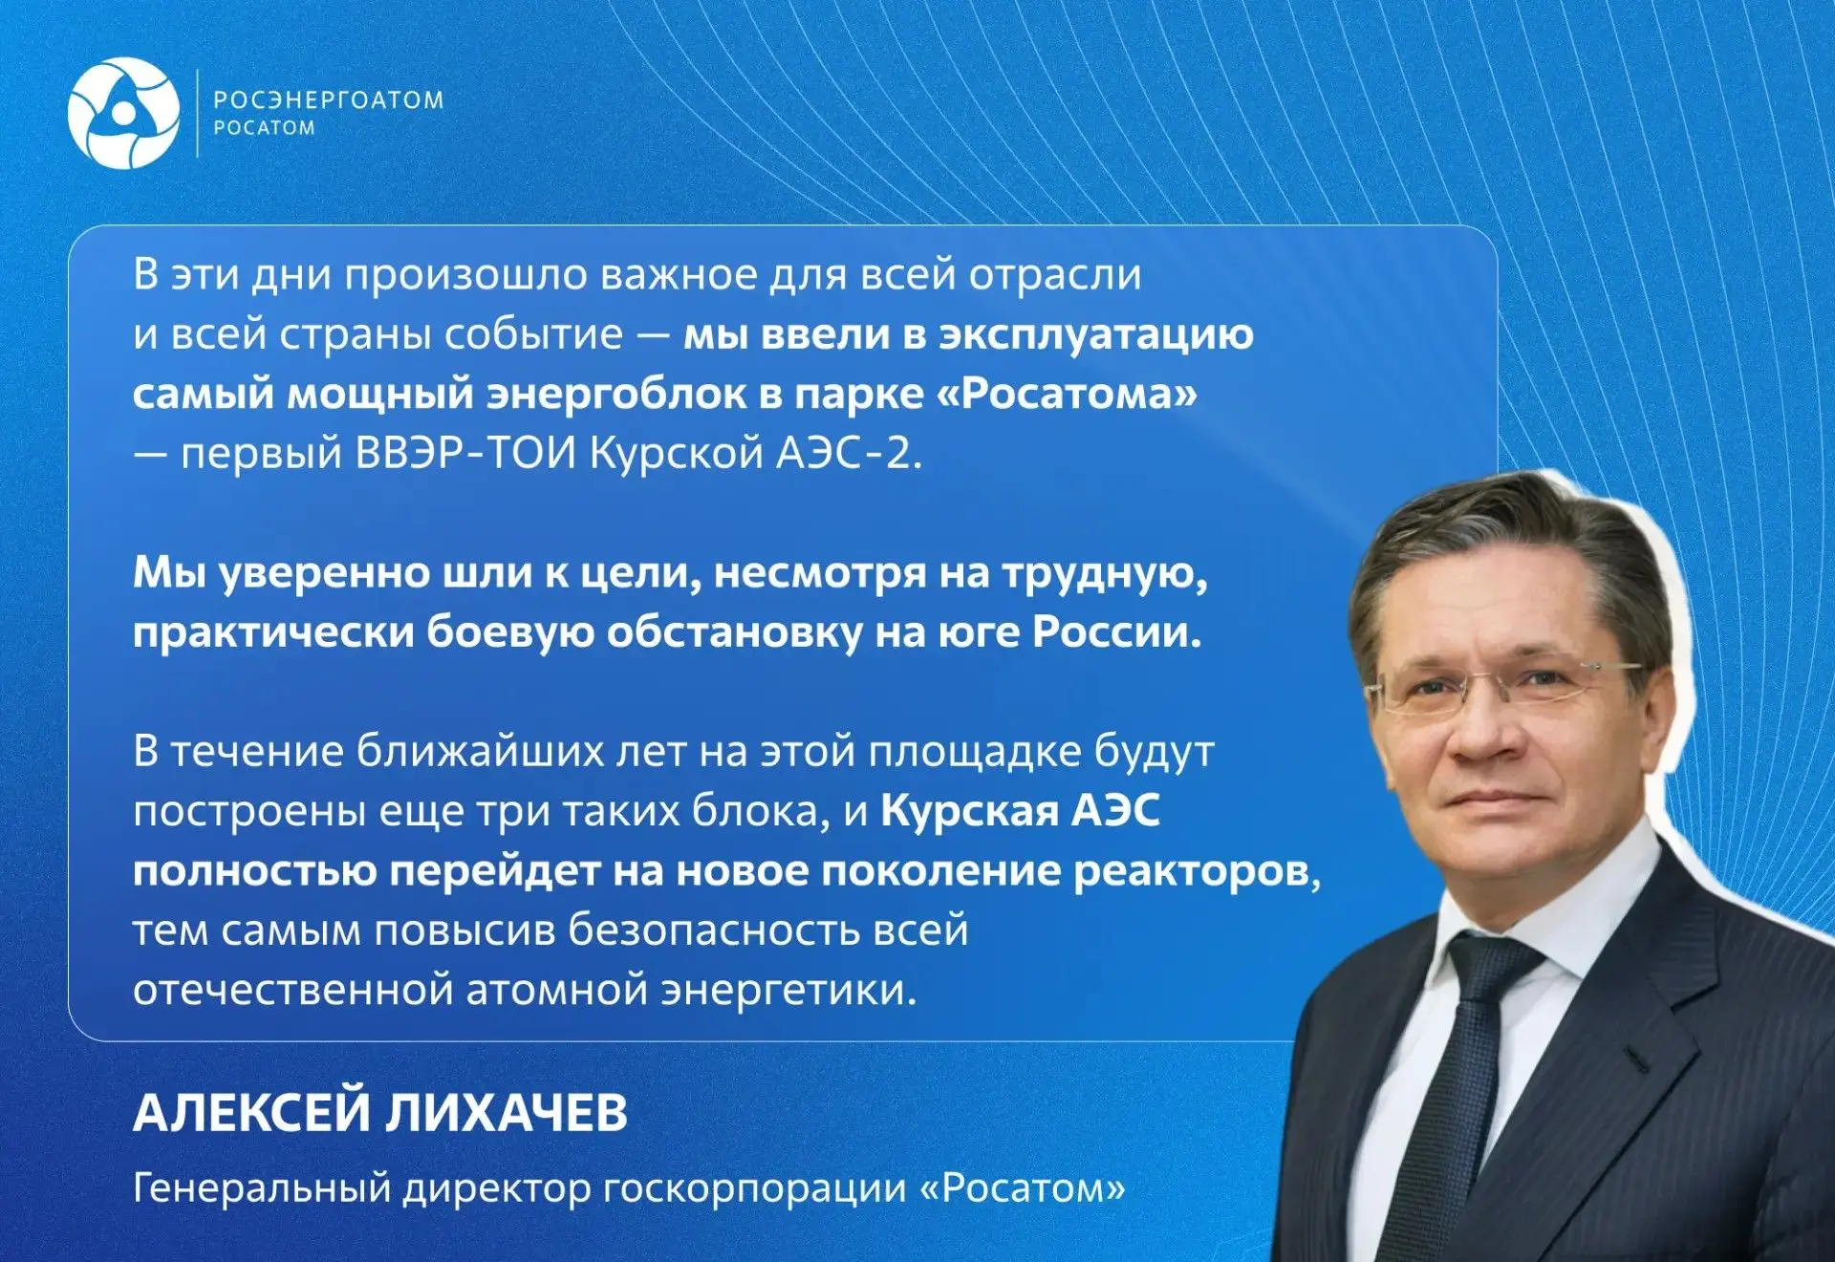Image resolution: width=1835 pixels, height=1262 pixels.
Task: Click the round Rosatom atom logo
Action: click(x=123, y=113)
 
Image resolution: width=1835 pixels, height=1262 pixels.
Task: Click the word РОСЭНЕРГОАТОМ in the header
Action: click(x=329, y=100)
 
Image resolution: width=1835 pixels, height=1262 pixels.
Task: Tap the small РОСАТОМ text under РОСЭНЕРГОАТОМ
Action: click(x=264, y=128)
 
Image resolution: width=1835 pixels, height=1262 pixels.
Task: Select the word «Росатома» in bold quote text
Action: click(x=1067, y=394)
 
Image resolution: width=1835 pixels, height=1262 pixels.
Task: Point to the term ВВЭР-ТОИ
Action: click(x=466, y=453)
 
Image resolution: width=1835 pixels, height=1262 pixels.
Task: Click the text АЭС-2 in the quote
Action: click(x=849, y=453)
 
